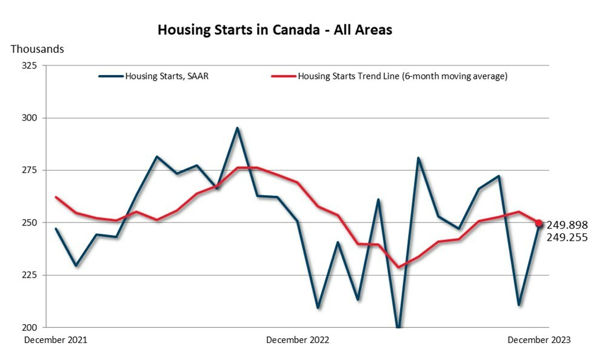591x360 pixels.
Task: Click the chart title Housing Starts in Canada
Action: tap(275, 30)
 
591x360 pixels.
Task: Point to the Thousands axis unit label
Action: tap(37, 49)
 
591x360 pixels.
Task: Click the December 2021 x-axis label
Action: tap(56, 340)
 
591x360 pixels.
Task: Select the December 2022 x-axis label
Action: tap(298, 340)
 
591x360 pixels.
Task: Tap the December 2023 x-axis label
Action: tap(539, 340)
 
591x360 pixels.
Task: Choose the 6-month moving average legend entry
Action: tap(402, 76)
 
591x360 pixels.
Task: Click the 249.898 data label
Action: tap(567, 225)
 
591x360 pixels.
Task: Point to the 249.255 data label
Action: tap(567, 238)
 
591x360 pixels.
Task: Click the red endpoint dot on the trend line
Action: tap(539, 223)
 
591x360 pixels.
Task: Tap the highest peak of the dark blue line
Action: tap(237, 128)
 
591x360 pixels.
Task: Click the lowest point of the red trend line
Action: tap(398, 267)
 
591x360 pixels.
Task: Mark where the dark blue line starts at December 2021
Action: tap(56, 228)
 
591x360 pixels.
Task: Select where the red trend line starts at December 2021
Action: tap(56, 197)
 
